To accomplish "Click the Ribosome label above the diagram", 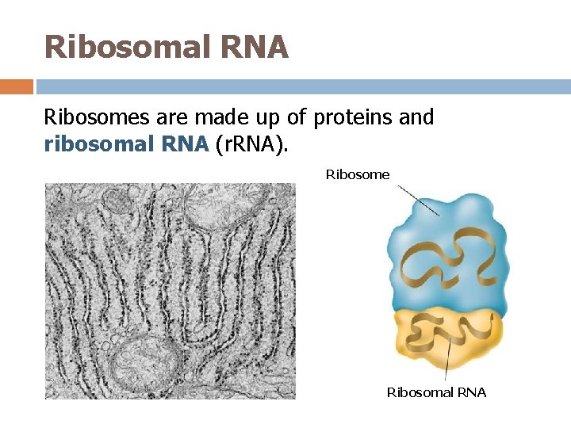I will click(x=358, y=174).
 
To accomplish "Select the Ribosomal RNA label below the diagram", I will click(x=436, y=392).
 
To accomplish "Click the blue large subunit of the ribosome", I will click(x=444, y=238).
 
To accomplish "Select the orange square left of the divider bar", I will click(x=16, y=86).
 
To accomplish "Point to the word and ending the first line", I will click(x=416, y=118).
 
